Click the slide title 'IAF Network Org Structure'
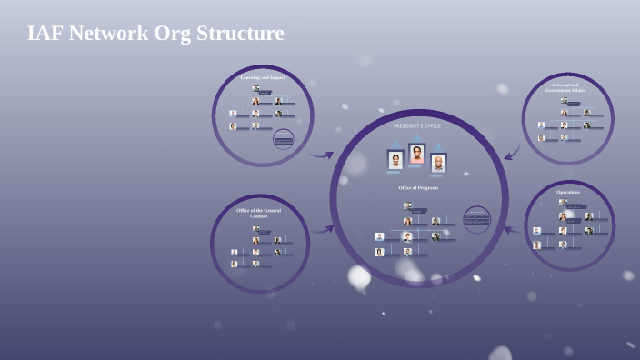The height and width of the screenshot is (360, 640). tap(155, 33)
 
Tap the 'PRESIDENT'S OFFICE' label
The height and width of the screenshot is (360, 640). tap(416, 125)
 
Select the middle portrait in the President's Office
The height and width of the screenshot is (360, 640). tap(416, 154)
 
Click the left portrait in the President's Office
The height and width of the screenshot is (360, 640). tap(395, 160)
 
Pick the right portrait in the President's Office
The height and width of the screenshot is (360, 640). tap(438, 163)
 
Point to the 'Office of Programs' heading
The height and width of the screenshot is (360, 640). tap(418, 188)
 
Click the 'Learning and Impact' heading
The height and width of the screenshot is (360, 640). tap(263, 78)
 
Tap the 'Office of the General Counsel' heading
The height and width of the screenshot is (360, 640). tap(259, 213)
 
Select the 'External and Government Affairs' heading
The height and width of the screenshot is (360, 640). tap(565, 87)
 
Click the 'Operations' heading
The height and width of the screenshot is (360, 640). tap(568, 192)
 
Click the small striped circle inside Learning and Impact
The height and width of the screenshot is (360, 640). tap(284, 139)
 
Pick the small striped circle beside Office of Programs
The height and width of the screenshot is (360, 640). tap(477, 219)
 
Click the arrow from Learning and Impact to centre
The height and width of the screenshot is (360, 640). tap(320, 155)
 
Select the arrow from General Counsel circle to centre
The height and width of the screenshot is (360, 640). tap(323, 229)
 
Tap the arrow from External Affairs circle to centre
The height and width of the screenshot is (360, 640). tap(512, 151)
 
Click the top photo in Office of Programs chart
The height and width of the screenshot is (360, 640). tap(407, 206)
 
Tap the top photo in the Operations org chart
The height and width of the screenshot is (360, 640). tap(563, 202)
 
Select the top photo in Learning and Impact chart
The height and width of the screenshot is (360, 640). tap(255, 89)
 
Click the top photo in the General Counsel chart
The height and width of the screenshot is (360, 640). tap(255, 229)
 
